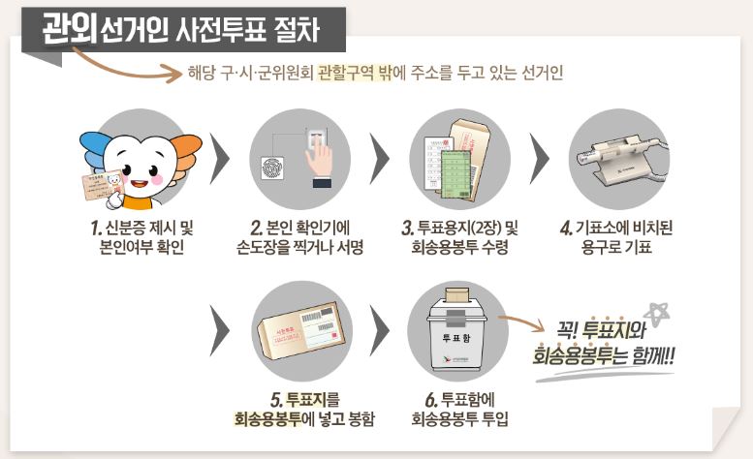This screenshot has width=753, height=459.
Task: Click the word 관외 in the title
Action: click(72, 29)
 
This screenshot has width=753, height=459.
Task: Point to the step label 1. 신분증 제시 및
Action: click(135, 228)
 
